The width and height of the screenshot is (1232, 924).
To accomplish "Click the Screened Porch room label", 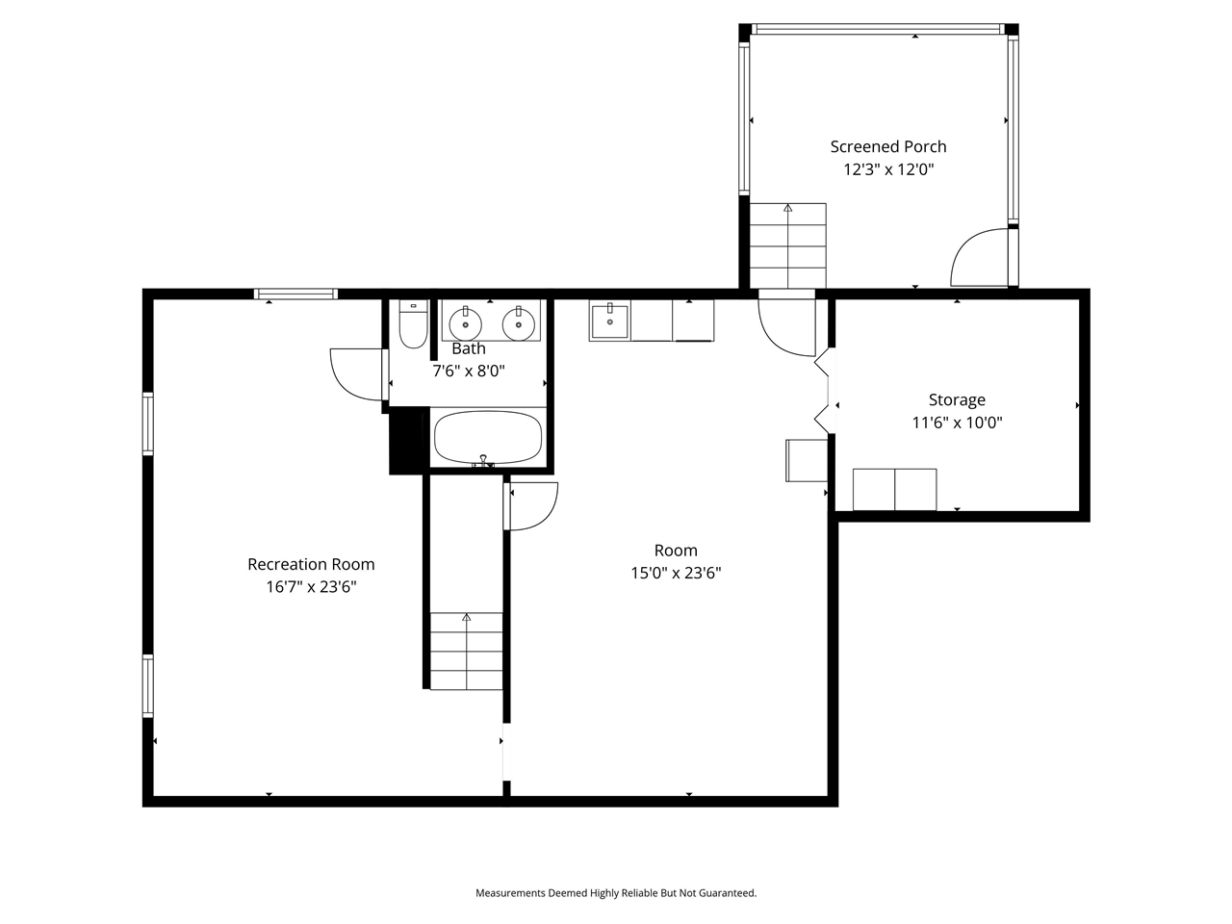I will (x=887, y=146).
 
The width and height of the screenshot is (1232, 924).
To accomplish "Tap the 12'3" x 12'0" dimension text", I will (x=887, y=169).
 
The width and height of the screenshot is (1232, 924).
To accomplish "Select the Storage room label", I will (x=956, y=399).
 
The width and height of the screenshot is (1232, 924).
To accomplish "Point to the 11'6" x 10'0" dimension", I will (x=956, y=422).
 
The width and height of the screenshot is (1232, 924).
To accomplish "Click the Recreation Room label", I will (x=311, y=564).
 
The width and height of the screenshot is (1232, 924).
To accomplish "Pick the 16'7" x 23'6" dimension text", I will (x=311, y=586).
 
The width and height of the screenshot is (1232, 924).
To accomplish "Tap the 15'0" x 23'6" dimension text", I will (x=676, y=573).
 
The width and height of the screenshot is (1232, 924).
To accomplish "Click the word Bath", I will (x=469, y=348).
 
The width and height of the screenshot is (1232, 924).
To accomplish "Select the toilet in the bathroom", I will (x=413, y=325).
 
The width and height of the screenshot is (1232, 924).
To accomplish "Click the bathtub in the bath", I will (x=488, y=438).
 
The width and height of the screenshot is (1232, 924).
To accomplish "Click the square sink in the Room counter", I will (x=609, y=321).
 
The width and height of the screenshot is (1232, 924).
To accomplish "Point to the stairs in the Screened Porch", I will (x=787, y=245).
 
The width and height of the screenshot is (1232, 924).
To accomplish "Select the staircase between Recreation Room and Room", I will (x=466, y=651).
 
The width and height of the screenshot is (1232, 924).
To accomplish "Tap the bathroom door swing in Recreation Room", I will (x=358, y=373).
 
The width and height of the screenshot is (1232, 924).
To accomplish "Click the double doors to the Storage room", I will (x=823, y=390).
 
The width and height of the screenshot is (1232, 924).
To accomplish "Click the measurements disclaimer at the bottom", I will (x=616, y=893).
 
